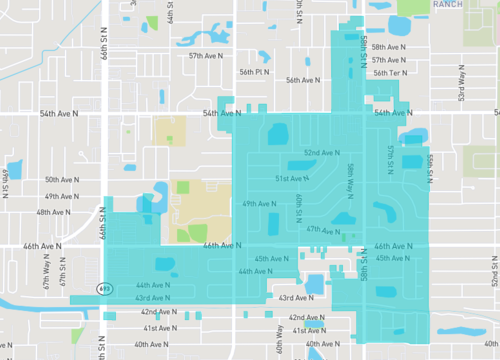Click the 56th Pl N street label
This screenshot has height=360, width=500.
point(255,72)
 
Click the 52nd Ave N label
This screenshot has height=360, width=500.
point(324,153)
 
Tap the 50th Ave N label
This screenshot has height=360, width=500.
point(63,180)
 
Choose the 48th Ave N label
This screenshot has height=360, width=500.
point(55,213)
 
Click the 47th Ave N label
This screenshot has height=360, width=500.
point(325,229)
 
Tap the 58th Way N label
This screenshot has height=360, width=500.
point(350,178)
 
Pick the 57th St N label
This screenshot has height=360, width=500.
point(391,156)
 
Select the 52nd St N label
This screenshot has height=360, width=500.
point(494,270)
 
